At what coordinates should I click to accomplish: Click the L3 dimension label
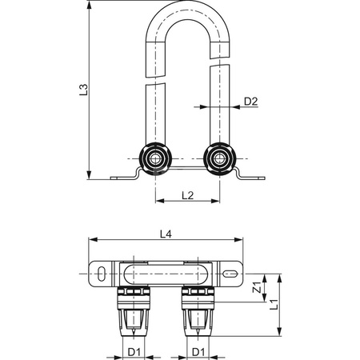(83, 90)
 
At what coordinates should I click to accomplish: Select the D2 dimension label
(251, 102)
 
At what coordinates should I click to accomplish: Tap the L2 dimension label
(187, 195)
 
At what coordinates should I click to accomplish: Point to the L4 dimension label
(166, 234)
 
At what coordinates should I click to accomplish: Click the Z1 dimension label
(257, 287)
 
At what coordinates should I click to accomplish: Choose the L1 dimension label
(274, 305)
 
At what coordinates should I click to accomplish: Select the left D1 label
(134, 352)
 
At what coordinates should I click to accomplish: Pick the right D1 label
(198, 352)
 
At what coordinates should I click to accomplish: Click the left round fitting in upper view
(155, 158)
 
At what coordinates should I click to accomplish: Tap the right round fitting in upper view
(219, 158)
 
